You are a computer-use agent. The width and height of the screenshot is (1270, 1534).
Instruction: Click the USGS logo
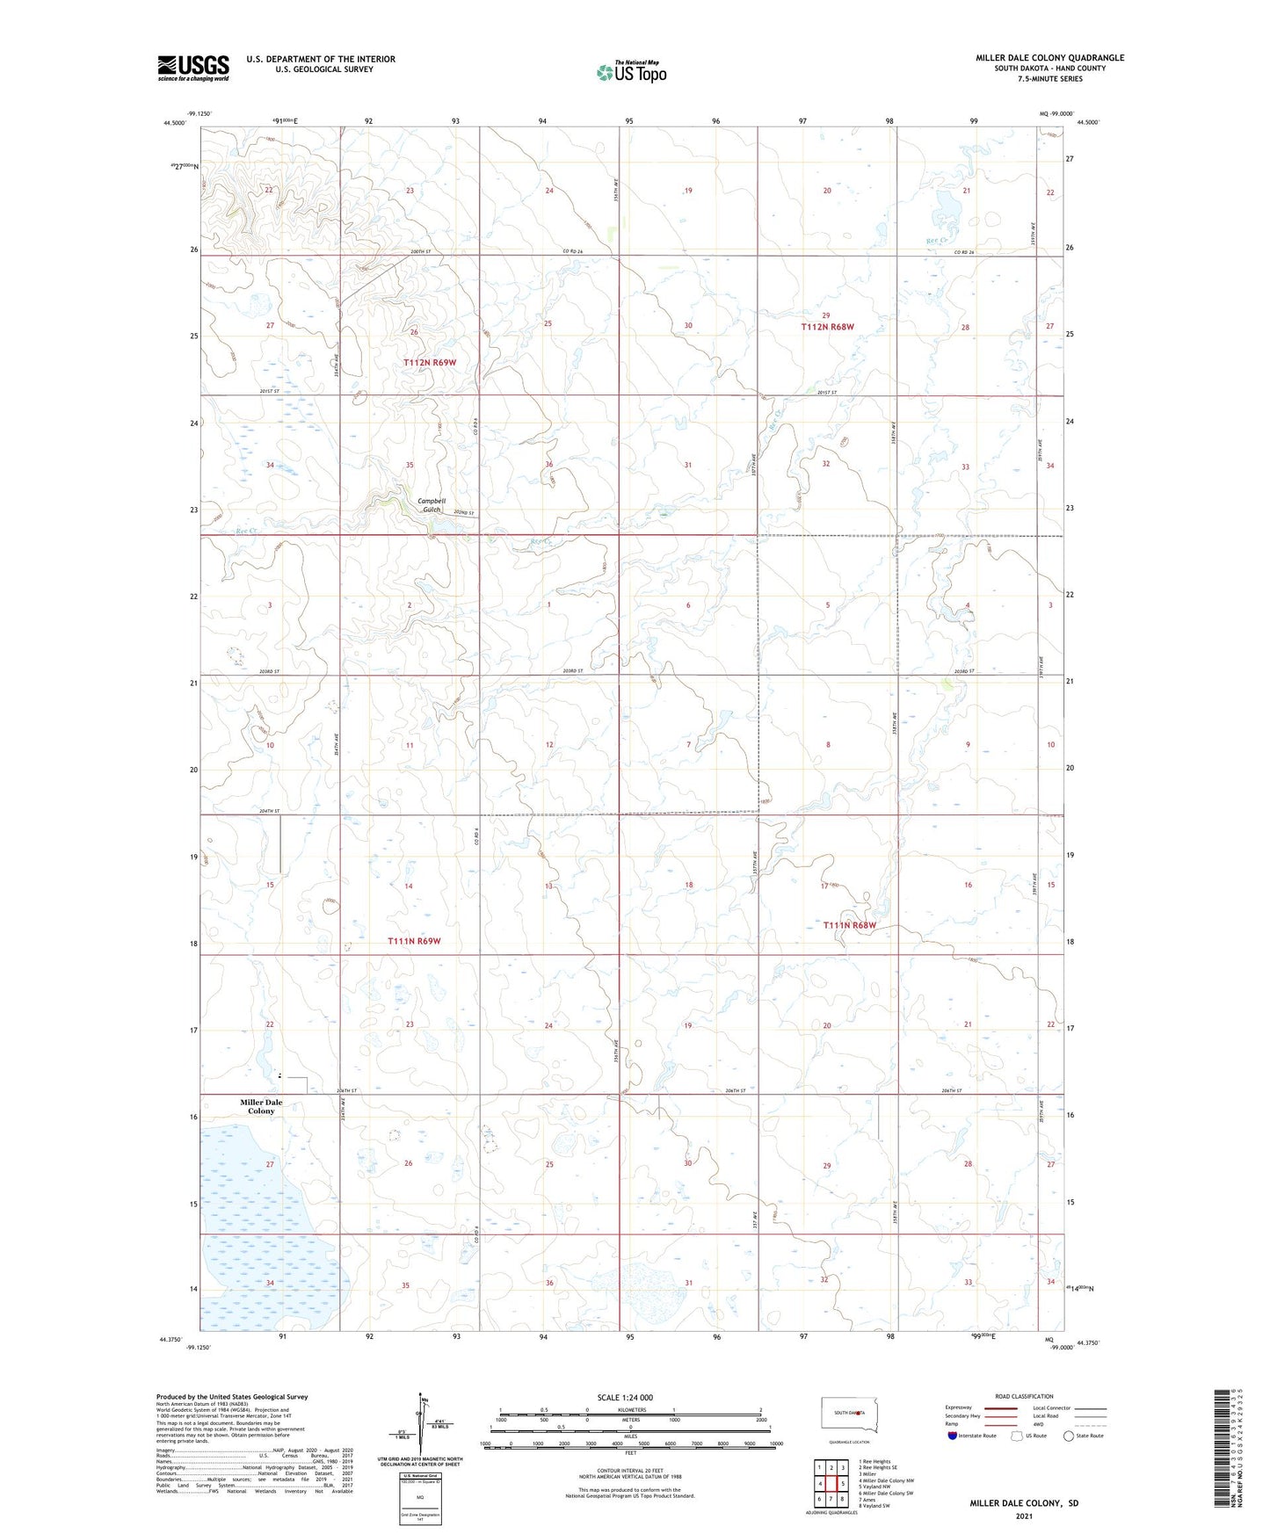pos(192,68)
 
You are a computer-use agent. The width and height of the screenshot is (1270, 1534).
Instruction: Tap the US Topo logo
pos(630,72)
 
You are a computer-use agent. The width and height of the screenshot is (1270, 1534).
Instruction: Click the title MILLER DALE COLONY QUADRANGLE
pos(1049,58)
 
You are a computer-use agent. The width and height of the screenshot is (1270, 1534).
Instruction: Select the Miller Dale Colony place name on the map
pos(261,1106)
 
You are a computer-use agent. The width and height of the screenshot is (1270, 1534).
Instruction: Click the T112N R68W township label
pos(827,327)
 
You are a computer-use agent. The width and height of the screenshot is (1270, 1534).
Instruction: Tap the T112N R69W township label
pos(430,362)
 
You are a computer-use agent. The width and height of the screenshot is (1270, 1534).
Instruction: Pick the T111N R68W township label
pos(849,925)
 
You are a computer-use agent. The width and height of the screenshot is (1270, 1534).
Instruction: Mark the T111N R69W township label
pos(413,941)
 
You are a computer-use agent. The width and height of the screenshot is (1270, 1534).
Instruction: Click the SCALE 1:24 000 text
pos(625,1397)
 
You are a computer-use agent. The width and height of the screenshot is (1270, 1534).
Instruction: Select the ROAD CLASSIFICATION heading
pos(1025,1396)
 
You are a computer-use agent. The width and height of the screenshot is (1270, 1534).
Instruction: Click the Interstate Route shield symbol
pos(953,1436)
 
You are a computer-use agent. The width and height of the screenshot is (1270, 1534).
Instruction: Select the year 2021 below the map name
pos(1024,1516)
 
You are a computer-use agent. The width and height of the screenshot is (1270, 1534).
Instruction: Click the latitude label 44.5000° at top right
pos(1087,123)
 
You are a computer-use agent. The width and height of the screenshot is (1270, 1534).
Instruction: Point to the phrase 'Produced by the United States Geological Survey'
pos(232,1396)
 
